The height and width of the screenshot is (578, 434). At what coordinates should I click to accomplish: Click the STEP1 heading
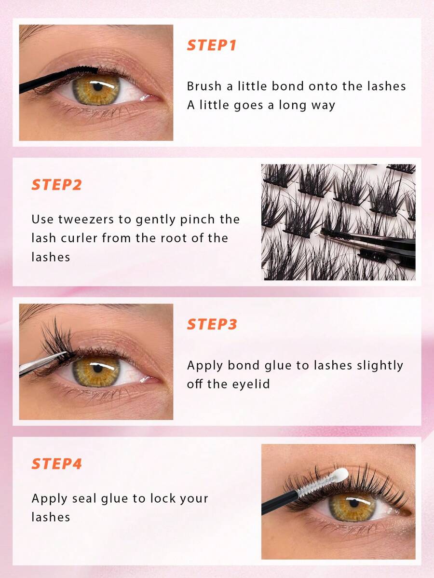tap(212, 45)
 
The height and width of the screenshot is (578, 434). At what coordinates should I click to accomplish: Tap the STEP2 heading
tap(56, 185)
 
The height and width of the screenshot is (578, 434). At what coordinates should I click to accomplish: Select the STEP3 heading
tap(212, 324)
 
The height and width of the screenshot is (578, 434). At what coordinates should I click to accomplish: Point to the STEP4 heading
tap(56, 464)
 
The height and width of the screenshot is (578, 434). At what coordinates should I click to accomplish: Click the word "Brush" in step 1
tap(204, 86)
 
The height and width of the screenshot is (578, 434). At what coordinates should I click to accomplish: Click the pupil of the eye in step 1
tap(97, 87)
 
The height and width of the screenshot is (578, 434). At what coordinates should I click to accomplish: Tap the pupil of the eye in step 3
tap(97, 368)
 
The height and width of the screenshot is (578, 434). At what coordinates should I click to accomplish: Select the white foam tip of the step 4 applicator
tap(341, 475)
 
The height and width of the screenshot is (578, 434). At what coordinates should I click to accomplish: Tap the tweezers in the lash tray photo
tap(368, 243)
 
